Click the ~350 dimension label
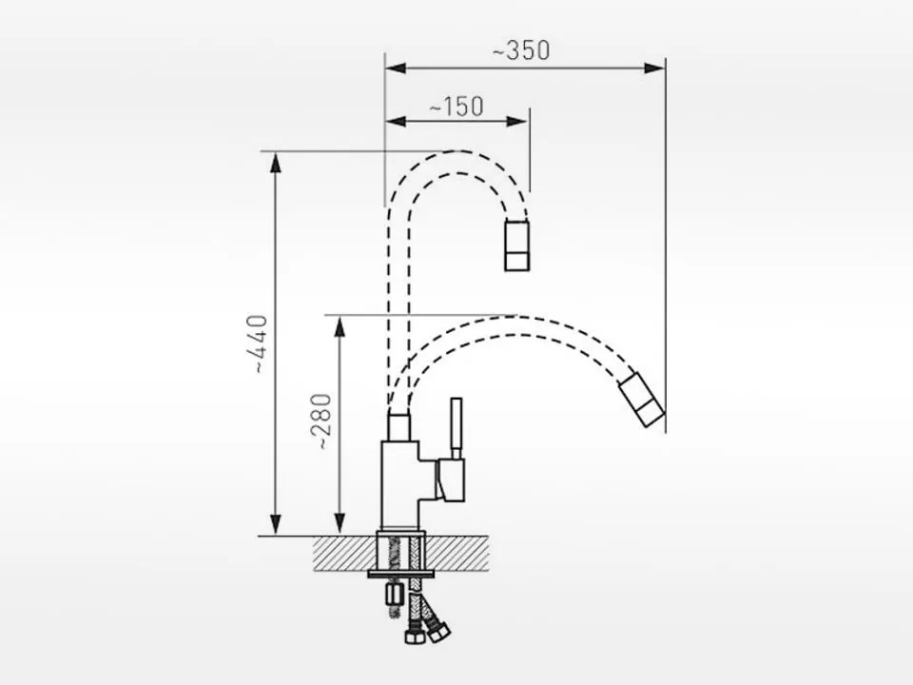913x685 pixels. tap(521, 50)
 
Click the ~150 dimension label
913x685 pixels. tap(456, 107)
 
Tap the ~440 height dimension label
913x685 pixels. tap(257, 344)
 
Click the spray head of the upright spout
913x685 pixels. tap(517, 245)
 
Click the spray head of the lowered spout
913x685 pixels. tap(641, 401)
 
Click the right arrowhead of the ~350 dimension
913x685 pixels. tap(654, 68)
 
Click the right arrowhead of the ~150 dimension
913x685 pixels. tap(516, 121)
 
